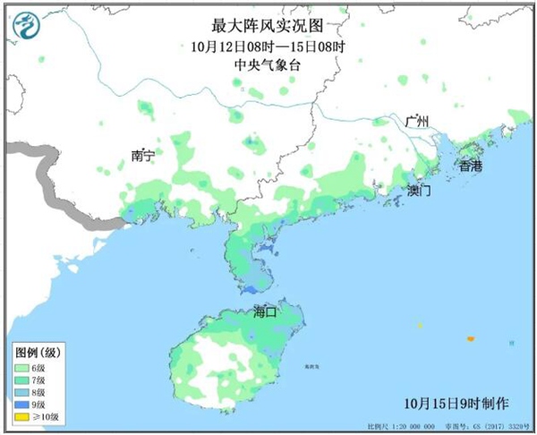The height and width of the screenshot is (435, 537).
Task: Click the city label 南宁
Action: click(142, 156)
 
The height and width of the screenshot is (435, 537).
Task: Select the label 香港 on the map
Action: click(470, 166)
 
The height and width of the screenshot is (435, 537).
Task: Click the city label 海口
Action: click(266, 312)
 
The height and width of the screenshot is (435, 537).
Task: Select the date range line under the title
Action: click(269, 47)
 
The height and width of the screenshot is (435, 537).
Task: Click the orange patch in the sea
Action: click(469, 338)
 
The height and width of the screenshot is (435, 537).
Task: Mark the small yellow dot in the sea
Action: click(418, 325)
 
